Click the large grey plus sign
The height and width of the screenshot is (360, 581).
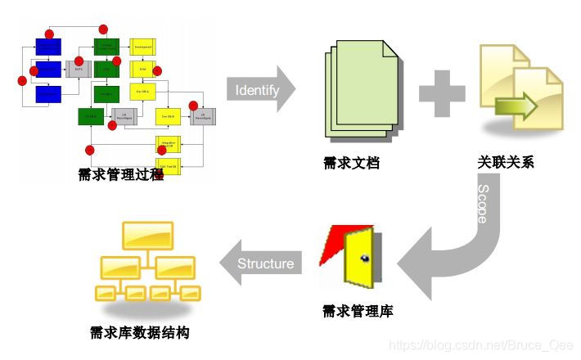click(x=442, y=92)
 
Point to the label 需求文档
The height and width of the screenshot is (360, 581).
click(x=352, y=162)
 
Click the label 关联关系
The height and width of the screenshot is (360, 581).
click(x=506, y=162)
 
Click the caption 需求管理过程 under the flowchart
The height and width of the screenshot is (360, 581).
click(x=120, y=173)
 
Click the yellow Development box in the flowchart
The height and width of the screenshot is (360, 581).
click(x=143, y=47)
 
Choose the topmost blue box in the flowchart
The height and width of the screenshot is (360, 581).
click(x=47, y=47)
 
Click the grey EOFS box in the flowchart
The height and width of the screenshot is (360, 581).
click(x=79, y=70)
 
